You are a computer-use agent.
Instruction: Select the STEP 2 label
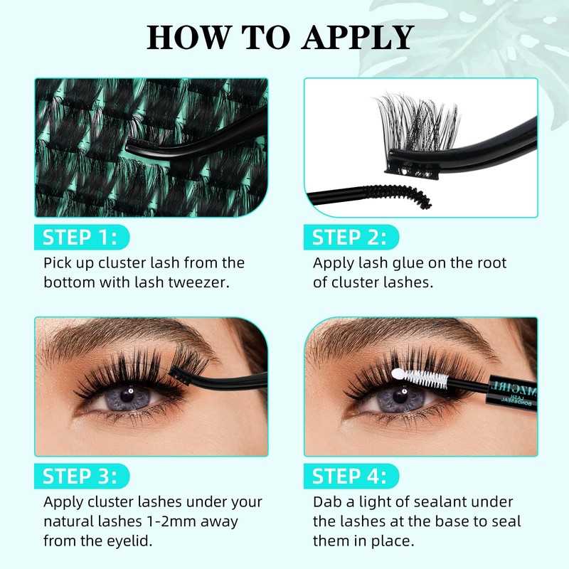[x=350, y=237]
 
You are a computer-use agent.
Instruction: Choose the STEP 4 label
[x=350, y=476]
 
